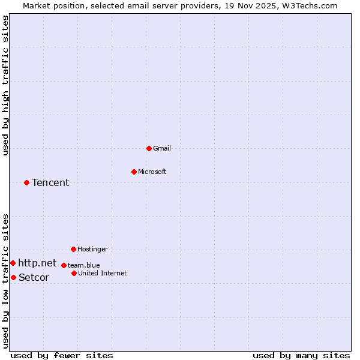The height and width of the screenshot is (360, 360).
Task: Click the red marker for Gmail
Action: (x=149, y=148)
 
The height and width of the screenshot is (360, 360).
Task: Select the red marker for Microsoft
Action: (x=134, y=172)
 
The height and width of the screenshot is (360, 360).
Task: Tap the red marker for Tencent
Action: (x=26, y=182)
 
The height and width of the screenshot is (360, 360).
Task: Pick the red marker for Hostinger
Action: (x=73, y=249)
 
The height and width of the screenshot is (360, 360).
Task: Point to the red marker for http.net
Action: (x=13, y=263)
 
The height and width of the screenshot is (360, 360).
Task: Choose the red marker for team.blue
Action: (x=64, y=265)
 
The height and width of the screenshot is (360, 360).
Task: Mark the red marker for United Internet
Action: (x=74, y=273)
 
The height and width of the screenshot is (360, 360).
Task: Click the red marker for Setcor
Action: (x=13, y=277)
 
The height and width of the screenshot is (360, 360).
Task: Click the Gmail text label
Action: (x=162, y=148)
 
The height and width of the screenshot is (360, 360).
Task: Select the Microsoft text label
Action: (x=152, y=172)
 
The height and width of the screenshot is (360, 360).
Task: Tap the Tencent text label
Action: (x=50, y=182)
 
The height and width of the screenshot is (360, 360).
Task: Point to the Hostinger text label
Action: (x=92, y=249)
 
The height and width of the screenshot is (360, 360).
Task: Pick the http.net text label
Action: (x=37, y=263)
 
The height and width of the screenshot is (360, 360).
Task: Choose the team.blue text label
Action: (x=84, y=265)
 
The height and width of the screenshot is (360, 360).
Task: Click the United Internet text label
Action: (x=103, y=273)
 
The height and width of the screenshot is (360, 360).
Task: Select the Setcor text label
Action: (x=34, y=277)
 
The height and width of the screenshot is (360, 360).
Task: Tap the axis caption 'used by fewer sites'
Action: (x=62, y=355)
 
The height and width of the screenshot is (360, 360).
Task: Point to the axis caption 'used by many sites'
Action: (x=301, y=355)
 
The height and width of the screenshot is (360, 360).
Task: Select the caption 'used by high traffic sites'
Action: (x=6, y=86)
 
